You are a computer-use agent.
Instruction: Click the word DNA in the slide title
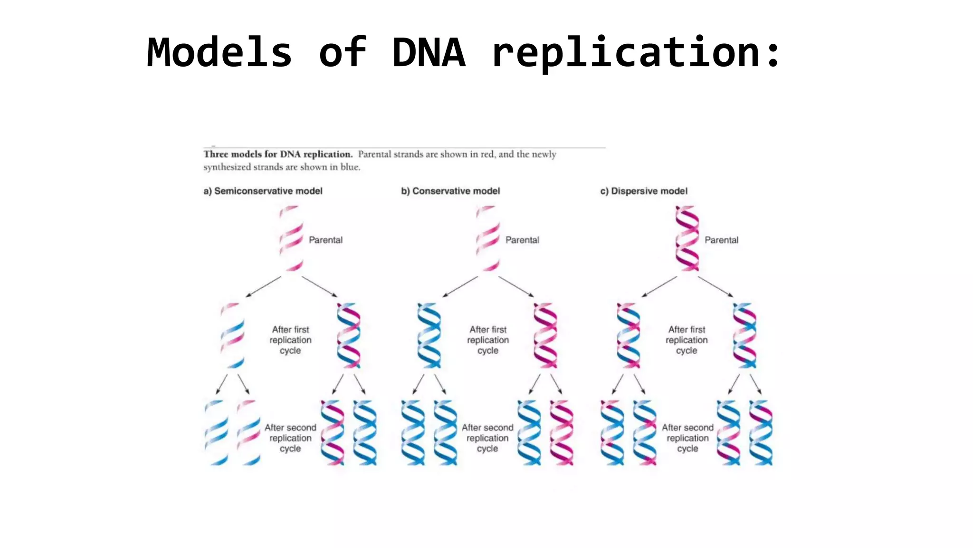[x=429, y=52]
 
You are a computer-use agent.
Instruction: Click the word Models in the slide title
[x=219, y=52]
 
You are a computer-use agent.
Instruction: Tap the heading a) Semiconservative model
[x=263, y=191]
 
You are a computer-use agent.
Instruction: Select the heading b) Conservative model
[x=450, y=191]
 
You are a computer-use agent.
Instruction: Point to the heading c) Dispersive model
[x=644, y=191]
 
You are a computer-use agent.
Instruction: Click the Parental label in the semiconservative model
[x=325, y=240]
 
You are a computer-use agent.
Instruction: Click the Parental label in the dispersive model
[x=721, y=240]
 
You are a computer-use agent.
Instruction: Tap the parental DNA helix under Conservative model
[x=488, y=238]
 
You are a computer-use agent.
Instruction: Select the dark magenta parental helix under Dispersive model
[x=687, y=238]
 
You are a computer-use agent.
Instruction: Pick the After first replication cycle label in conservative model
[x=488, y=340]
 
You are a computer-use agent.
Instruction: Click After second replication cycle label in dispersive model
[x=687, y=438]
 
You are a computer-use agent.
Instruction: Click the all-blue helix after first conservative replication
[x=429, y=335]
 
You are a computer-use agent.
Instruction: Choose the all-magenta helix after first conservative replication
[x=545, y=335]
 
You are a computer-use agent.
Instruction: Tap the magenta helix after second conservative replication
[x=562, y=432]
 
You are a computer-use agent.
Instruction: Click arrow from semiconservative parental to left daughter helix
[x=264, y=286]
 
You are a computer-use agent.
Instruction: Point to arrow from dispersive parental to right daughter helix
[x=715, y=286]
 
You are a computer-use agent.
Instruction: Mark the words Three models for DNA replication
[x=278, y=154]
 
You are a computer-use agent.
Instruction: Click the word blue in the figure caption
[x=350, y=167]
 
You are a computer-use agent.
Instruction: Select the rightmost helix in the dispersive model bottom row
[x=761, y=432]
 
